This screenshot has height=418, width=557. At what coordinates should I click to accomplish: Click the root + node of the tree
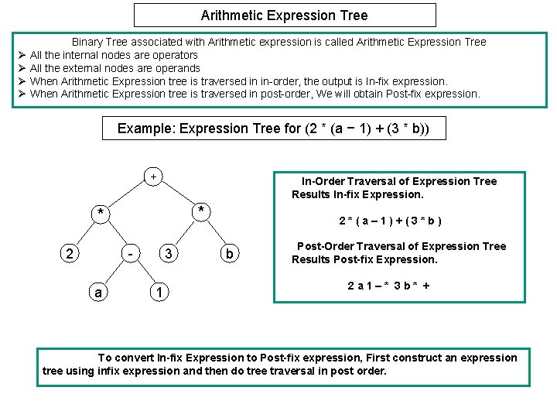click(153, 177)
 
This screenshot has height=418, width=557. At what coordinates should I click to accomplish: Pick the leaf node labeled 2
click(70, 254)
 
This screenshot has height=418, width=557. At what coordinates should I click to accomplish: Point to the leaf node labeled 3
click(170, 253)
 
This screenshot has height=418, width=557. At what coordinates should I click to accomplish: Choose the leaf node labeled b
click(229, 254)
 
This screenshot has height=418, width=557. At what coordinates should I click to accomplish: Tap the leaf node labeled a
click(97, 293)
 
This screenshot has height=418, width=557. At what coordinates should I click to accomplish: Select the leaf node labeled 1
click(158, 293)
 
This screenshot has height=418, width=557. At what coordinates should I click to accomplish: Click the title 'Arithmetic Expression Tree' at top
click(284, 15)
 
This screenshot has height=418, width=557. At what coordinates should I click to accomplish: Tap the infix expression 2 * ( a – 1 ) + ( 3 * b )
click(391, 221)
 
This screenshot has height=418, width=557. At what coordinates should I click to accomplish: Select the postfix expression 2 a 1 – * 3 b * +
click(389, 286)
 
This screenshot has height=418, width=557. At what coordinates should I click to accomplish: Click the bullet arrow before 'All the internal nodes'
click(22, 55)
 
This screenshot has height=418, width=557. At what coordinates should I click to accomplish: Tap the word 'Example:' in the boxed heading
click(145, 128)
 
